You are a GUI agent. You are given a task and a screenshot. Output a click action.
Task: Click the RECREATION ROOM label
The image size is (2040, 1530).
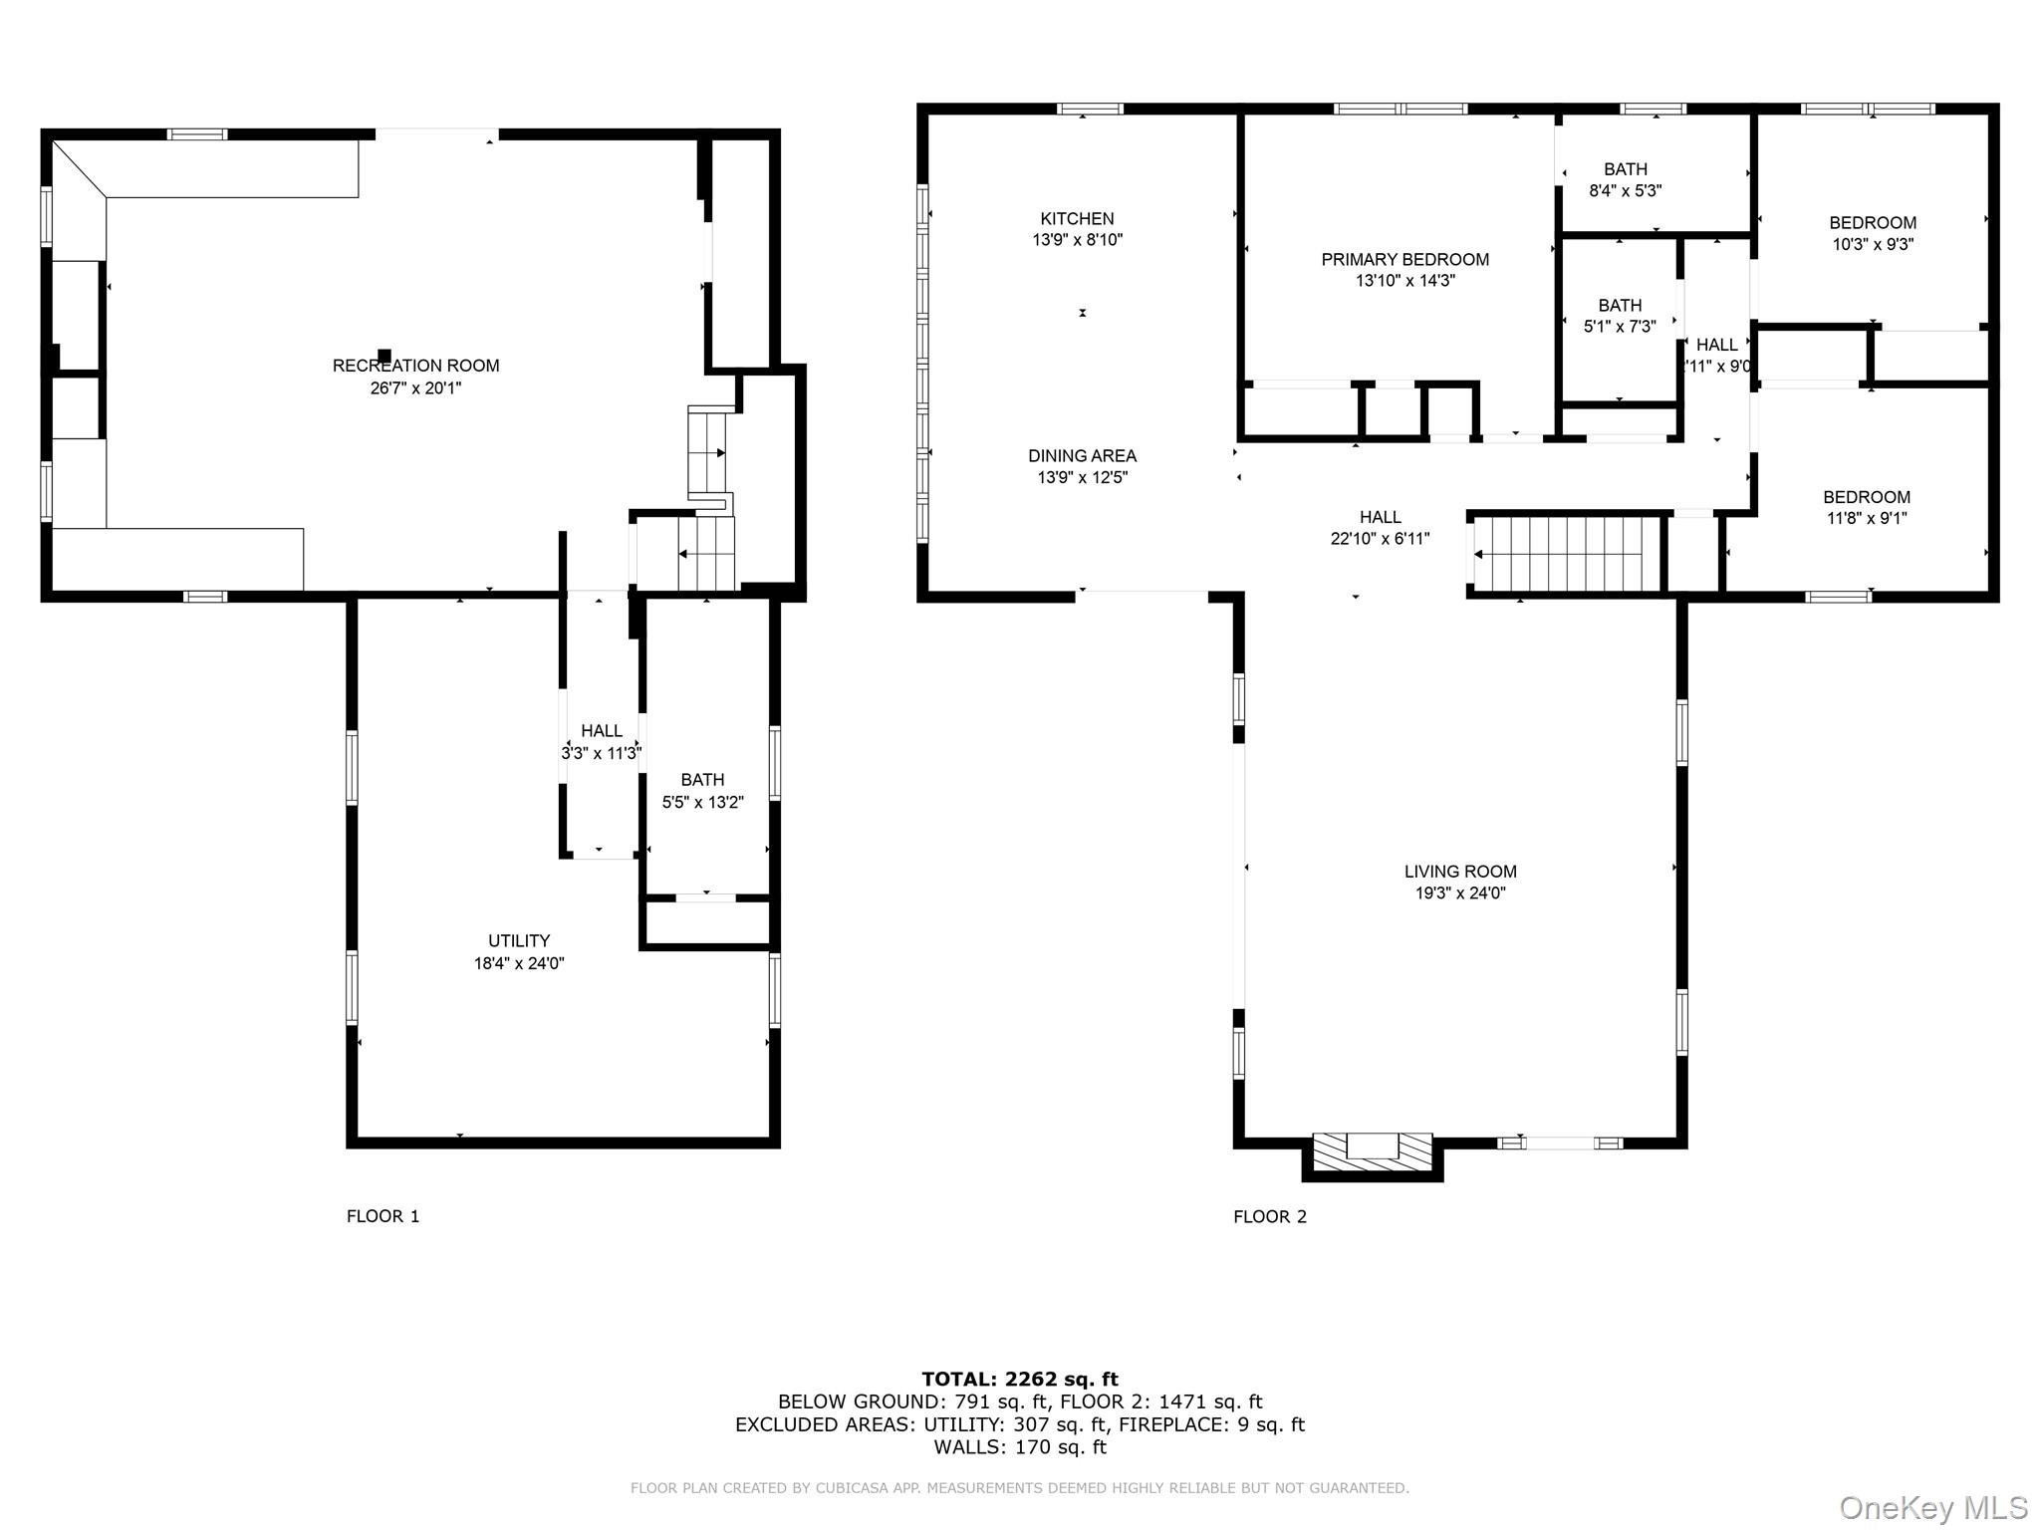tap(415, 366)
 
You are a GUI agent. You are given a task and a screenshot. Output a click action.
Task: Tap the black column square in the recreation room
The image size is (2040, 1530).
tap(384, 355)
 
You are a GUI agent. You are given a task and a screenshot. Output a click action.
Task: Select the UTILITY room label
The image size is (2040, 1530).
tap(518, 940)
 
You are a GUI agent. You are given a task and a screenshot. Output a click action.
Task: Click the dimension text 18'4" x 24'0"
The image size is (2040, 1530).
tap(518, 963)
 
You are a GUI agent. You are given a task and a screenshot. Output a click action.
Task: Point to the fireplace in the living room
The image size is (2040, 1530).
tap(1373, 1153)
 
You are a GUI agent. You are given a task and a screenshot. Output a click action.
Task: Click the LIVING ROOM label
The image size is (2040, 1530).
tap(1460, 872)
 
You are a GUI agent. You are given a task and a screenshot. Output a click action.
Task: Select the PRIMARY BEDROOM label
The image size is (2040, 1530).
tap(1404, 260)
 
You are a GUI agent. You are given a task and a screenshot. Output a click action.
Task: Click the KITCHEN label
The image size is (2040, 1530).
tap(1077, 219)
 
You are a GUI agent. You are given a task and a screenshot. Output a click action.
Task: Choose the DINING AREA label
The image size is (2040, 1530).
tap(1082, 456)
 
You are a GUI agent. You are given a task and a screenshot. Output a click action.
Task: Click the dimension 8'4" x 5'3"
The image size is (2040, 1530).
tap(1625, 191)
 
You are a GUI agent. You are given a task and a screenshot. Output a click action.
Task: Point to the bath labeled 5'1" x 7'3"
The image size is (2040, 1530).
tap(1620, 316)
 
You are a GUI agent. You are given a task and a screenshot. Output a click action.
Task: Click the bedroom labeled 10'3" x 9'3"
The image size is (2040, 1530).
tap(1872, 233)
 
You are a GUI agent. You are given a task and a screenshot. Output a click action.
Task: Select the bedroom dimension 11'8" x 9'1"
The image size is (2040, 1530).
tap(1866, 518)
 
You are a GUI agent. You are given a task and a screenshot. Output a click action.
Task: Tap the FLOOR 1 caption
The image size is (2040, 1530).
tap(382, 1216)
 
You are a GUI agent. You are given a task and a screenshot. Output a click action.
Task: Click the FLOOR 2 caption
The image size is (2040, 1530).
tap(1269, 1216)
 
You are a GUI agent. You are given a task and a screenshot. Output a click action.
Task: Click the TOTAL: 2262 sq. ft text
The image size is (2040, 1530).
tap(1019, 1379)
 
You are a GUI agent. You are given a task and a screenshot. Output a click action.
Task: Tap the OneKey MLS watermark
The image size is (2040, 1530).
tap(1932, 1507)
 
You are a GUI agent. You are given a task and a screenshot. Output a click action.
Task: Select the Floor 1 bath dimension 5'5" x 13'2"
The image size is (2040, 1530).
tap(702, 802)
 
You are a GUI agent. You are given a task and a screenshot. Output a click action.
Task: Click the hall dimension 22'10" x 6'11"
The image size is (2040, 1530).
tap(1380, 539)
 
